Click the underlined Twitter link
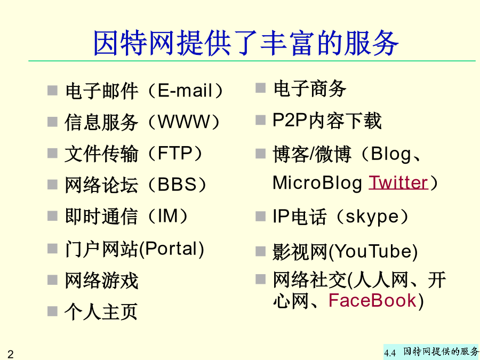(x=398, y=182)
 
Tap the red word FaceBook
(x=373, y=300)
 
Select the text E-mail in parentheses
(x=185, y=91)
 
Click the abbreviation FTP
(x=175, y=153)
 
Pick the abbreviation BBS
(x=177, y=185)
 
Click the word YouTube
(x=373, y=251)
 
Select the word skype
(x=373, y=218)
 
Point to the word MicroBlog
(x=317, y=183)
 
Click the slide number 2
(x=11, y=354)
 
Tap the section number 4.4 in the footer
(x=390, y=353)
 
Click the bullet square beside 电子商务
(x=260, y=88)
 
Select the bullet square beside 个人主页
(x=52, y=311)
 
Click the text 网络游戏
(x=101, y=280)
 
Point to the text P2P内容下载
(x=327, y=121)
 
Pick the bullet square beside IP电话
(x=260, y=216)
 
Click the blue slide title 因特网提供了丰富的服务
(x=246, y=43)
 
